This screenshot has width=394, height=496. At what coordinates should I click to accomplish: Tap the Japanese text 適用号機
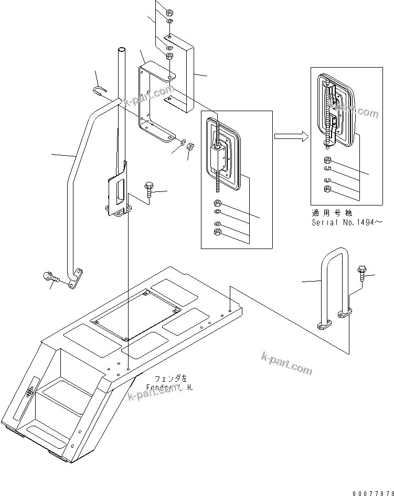331,214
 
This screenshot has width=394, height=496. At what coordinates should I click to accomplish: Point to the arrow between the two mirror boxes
290,137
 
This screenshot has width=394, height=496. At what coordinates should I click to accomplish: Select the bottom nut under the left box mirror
218,232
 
